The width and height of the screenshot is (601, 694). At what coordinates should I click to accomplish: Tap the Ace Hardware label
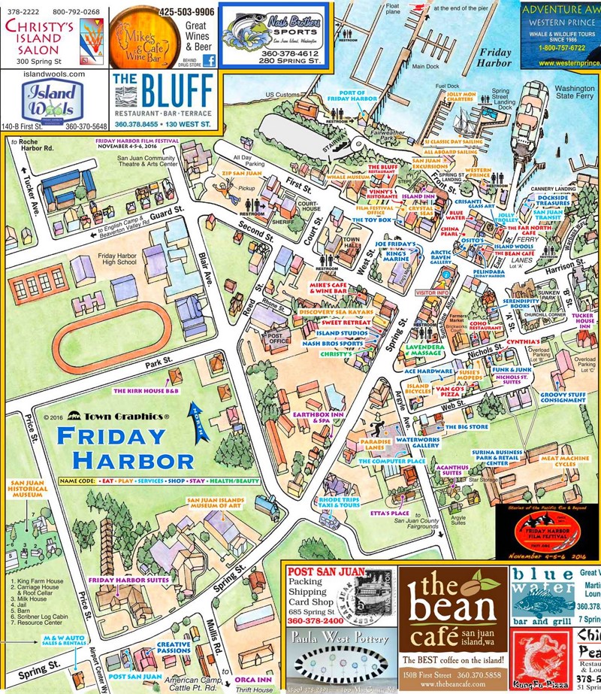[x=430, y=371]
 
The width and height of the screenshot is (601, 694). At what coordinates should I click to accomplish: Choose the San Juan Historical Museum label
[x=29, y=491]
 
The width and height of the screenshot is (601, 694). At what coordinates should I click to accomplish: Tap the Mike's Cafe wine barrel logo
[x=135, y=36]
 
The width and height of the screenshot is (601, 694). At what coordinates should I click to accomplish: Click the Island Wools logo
[x=53, y=101]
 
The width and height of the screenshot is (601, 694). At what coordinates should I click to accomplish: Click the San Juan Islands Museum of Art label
[x=222, y=504]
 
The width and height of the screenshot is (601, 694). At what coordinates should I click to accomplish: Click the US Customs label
[x=282, y=95]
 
